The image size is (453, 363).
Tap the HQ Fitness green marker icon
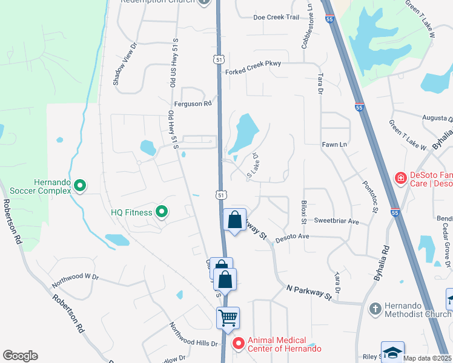point(161,212)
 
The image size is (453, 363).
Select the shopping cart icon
point(228,317)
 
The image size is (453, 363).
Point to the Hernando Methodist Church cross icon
point(375,309)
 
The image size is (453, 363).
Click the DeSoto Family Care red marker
point(400,177)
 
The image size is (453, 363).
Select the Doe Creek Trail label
point(276,17)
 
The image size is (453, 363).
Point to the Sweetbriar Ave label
point(337,221)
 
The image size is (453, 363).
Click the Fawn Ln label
point(334,145)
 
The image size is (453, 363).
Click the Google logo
point(20,356)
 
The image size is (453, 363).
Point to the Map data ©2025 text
point(426,358)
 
